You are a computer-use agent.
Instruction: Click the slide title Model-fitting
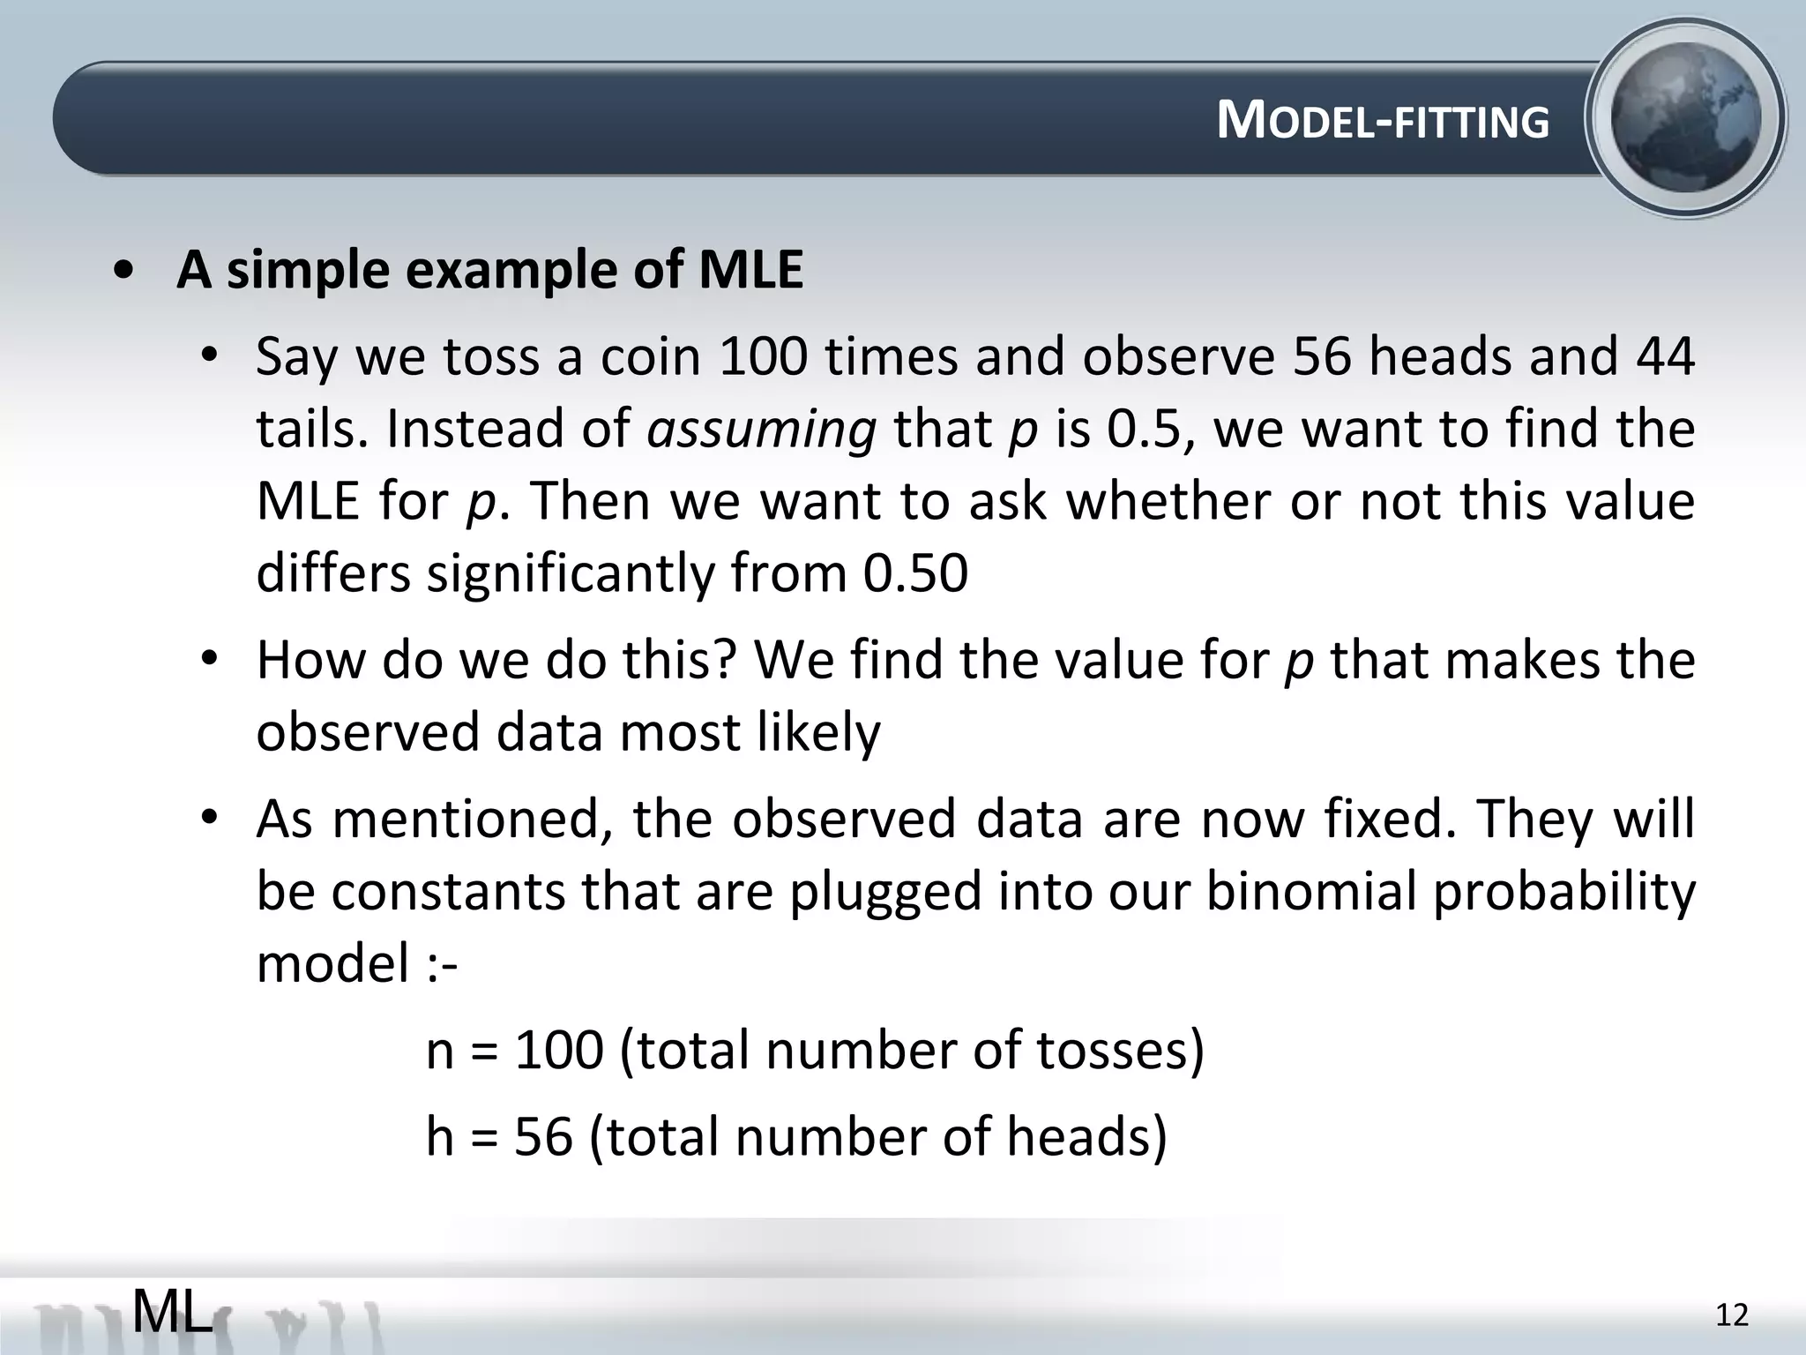click(x=1382, y=121)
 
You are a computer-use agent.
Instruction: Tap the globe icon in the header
click(x=1685, y=118)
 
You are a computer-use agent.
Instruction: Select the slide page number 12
click(x=1732, y=1315)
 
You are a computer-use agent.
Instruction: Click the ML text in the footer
click(x=173, y=1312)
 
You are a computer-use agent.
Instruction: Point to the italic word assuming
click(x=762, y=430)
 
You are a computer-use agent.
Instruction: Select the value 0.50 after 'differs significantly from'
click(x=915, y=573)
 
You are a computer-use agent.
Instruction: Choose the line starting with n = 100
click(x=814, y=1051)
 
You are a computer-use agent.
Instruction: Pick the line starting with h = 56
click(x=795, y=1136)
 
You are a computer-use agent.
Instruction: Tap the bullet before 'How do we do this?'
click(x=208, y=660)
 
